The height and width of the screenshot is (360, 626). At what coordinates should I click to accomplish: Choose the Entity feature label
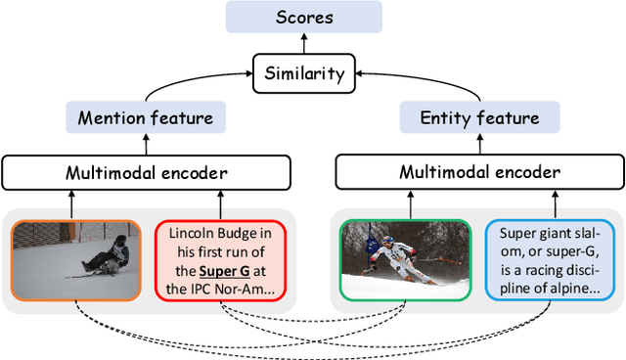click(x=479, y=118)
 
